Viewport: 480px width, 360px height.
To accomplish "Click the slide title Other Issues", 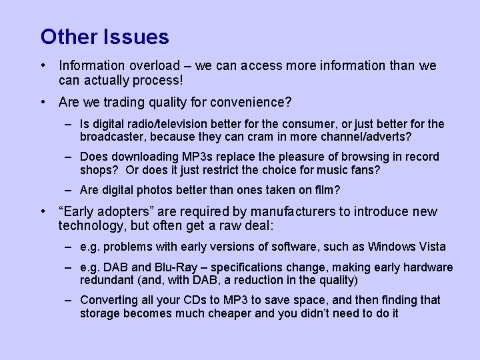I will coord(105,37).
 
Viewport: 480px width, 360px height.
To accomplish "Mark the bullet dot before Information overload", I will coord(43,65).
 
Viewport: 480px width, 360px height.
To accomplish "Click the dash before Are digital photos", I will coord(69,190).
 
